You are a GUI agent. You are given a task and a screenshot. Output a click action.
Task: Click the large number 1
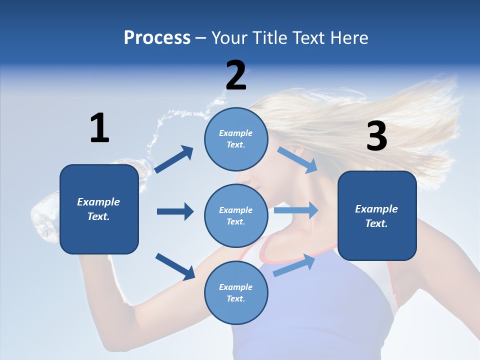point(99,128)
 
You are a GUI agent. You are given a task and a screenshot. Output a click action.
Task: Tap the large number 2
point(236,75)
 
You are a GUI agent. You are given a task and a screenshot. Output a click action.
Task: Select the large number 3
point(376,136)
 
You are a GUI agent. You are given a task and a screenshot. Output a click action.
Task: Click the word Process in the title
point(157,37)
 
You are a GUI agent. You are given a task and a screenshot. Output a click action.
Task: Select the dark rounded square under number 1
point(99,209)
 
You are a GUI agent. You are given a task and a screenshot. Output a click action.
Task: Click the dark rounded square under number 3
point(377,216)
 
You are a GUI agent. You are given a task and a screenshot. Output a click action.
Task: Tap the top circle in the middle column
point(236,139)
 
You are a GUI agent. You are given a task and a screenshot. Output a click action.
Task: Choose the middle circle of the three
point(236,216)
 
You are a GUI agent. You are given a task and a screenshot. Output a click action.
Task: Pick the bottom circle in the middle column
point(236,293)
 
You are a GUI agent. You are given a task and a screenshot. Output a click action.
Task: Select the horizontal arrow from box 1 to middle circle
point(175,211)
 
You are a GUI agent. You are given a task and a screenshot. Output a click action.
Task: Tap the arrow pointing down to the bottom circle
point(175,266)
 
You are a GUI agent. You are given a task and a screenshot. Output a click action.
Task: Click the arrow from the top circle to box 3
point(297,160)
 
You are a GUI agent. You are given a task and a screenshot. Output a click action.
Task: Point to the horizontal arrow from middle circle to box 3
point(296,210)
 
